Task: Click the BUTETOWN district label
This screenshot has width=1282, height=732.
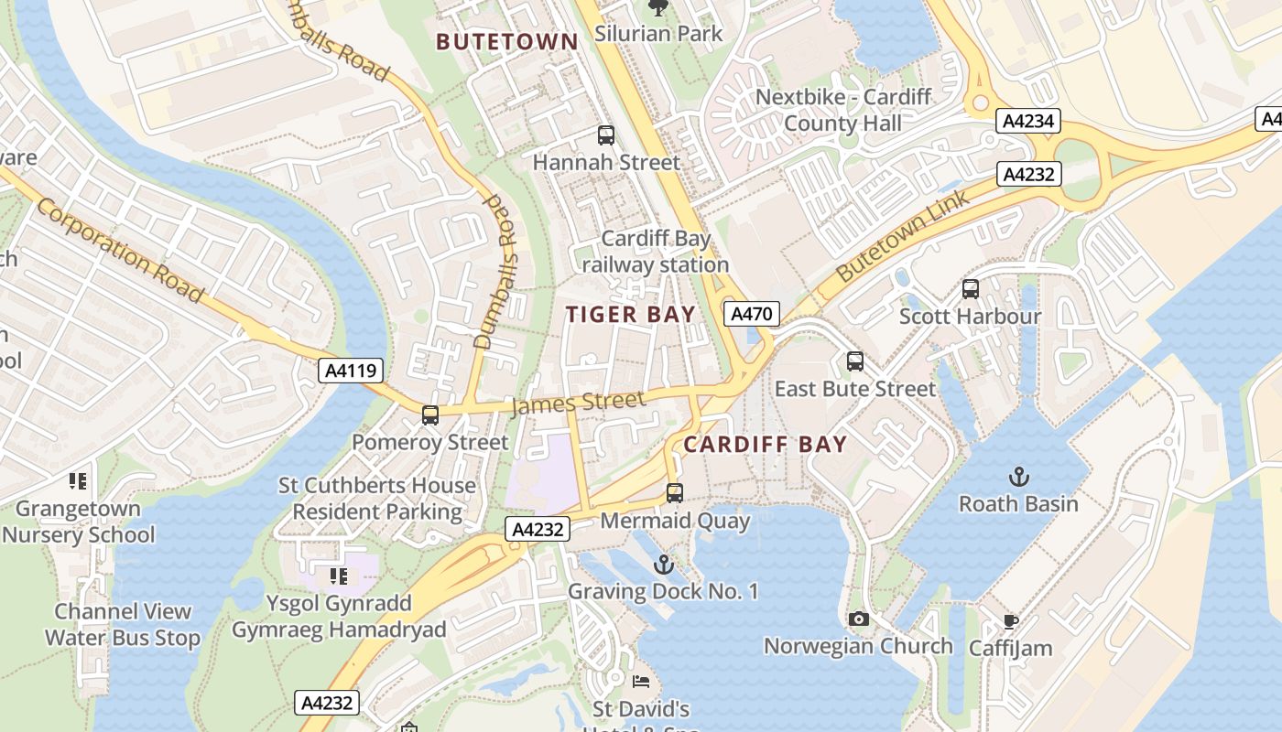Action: point(506,42)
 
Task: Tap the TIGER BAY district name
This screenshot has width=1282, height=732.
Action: point(630,315)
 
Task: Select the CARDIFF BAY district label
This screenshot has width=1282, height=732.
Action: point(766,445)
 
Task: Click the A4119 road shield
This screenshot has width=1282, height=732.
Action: point(351,371)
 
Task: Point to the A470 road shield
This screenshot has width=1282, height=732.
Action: point(751,314)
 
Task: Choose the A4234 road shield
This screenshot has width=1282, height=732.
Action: point(1028,121)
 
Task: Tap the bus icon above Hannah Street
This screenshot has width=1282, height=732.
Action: point(605,135)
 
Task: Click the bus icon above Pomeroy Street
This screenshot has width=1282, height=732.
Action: point(430,415)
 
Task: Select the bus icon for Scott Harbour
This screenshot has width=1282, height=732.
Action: point(971,289)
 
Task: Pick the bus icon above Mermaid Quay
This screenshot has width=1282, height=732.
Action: point(675,493)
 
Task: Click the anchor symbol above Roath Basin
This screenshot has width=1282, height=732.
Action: point(1018,477)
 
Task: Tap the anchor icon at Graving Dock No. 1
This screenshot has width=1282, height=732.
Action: point(664,565)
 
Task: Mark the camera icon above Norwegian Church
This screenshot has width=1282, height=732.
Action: point(858,619)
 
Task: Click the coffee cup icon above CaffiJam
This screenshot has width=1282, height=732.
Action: point(1011,622)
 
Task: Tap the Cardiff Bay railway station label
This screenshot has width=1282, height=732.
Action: point(656,252)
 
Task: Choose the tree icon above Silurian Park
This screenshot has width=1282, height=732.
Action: point(657,8)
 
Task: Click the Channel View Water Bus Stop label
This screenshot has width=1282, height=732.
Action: point(123,625)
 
